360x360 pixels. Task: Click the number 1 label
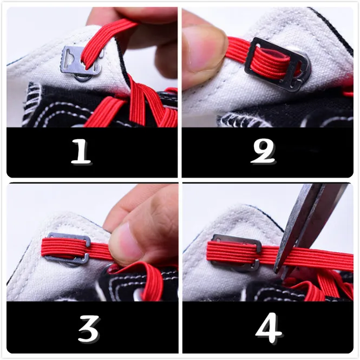coord(81,152)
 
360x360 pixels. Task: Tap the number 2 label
coord(263,152)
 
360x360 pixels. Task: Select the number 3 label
coord(89,328)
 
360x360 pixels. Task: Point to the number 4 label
coord(269,328)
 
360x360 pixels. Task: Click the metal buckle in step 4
coord(235,253)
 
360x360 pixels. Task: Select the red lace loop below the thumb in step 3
coord(142,278)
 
